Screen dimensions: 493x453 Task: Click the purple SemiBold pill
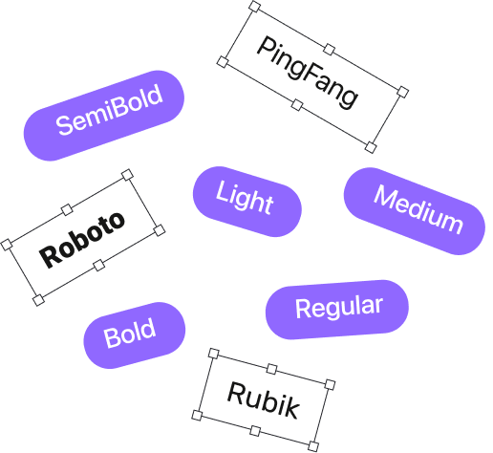pos(104,116)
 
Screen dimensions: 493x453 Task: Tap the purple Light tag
pos(247,202)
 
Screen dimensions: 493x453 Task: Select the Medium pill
pos(415,211)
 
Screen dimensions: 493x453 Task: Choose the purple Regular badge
pos(337,310)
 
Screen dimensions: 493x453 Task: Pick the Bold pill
pos(135,335)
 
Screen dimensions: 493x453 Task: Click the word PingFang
pos(308,74)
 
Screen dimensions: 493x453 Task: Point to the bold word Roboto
pos(82,239)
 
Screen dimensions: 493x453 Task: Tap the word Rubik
pos(264,399)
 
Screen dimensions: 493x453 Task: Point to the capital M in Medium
pos(386,198)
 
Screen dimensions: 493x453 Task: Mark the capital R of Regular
pos(303,309)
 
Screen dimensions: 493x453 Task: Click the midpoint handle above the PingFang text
pos(329,50)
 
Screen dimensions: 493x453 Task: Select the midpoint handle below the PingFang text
pos(297,105)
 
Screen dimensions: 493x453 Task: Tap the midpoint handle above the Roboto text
pos(67,209)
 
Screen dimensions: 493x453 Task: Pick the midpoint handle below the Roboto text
pos(99,265)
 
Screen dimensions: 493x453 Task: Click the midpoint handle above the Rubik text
pos(271,369)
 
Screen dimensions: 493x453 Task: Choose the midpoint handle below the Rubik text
pos(255,431)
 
